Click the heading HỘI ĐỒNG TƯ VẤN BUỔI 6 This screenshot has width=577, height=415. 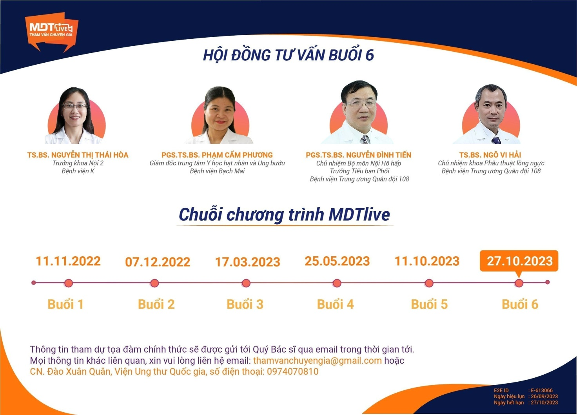click(288, 55)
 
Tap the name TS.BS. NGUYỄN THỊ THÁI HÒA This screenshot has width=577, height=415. click(78, 155)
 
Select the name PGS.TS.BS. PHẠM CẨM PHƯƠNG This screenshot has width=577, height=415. click(217, 155)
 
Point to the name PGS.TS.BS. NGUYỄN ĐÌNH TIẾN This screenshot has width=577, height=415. click(359, 155)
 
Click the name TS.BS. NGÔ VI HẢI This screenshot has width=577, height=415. click(490, 155)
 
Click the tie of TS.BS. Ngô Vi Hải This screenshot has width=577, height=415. click(496, 141)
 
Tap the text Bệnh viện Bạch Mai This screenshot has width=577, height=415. click(217, 171)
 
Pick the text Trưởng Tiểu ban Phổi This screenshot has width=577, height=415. click(359, 171)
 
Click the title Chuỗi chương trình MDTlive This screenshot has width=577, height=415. click(284, 214)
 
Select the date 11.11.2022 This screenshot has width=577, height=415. click(68, 261)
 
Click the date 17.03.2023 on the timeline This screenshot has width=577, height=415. click(248, 262)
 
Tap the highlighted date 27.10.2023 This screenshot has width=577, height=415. click(519, 261)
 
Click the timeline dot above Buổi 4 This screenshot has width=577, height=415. click(337, 283)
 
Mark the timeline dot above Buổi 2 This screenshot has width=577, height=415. click(154, 283)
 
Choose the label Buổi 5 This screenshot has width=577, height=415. click(429, 304)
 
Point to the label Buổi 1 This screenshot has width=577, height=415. click(65, 304)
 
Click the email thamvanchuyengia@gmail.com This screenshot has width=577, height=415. click(318, 361)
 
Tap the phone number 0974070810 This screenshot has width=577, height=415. click(293, 372)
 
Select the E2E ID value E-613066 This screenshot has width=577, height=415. click(542, 391)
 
